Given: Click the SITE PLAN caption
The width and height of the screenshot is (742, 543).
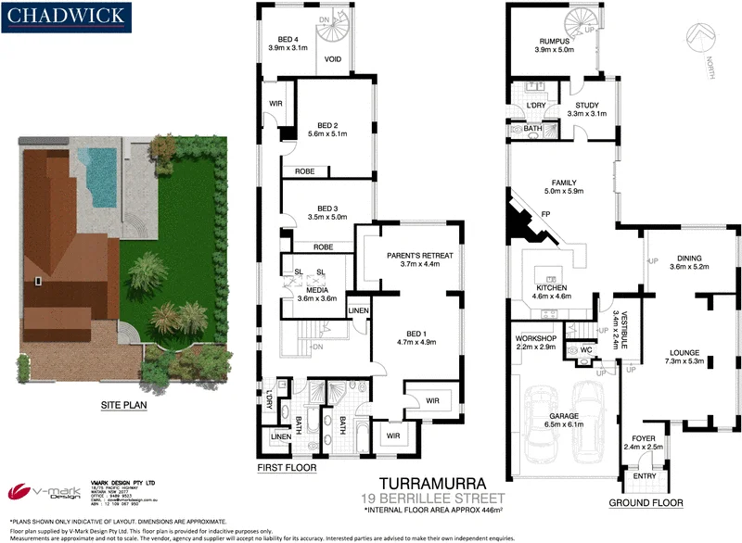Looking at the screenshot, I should [x=126, y=404].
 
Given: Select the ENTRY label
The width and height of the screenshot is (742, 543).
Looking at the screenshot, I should [x=644, y=476].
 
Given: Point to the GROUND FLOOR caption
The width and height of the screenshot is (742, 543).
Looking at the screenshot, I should [x=646, y=503].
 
